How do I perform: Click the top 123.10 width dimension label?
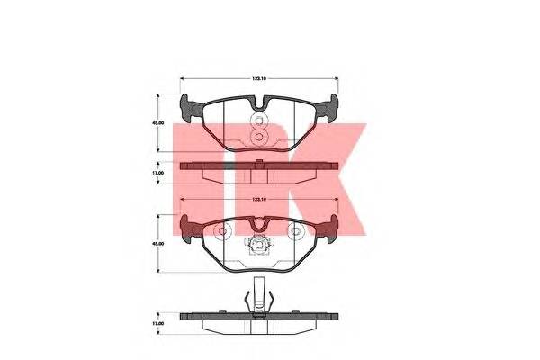pos(260,79)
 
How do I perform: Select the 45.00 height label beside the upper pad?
pos(156,127)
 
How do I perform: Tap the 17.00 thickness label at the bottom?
pos(156,321)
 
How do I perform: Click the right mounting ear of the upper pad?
pos(331,112)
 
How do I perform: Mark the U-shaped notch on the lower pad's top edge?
pos(259,224)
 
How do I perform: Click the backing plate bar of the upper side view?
pos(259,166)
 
